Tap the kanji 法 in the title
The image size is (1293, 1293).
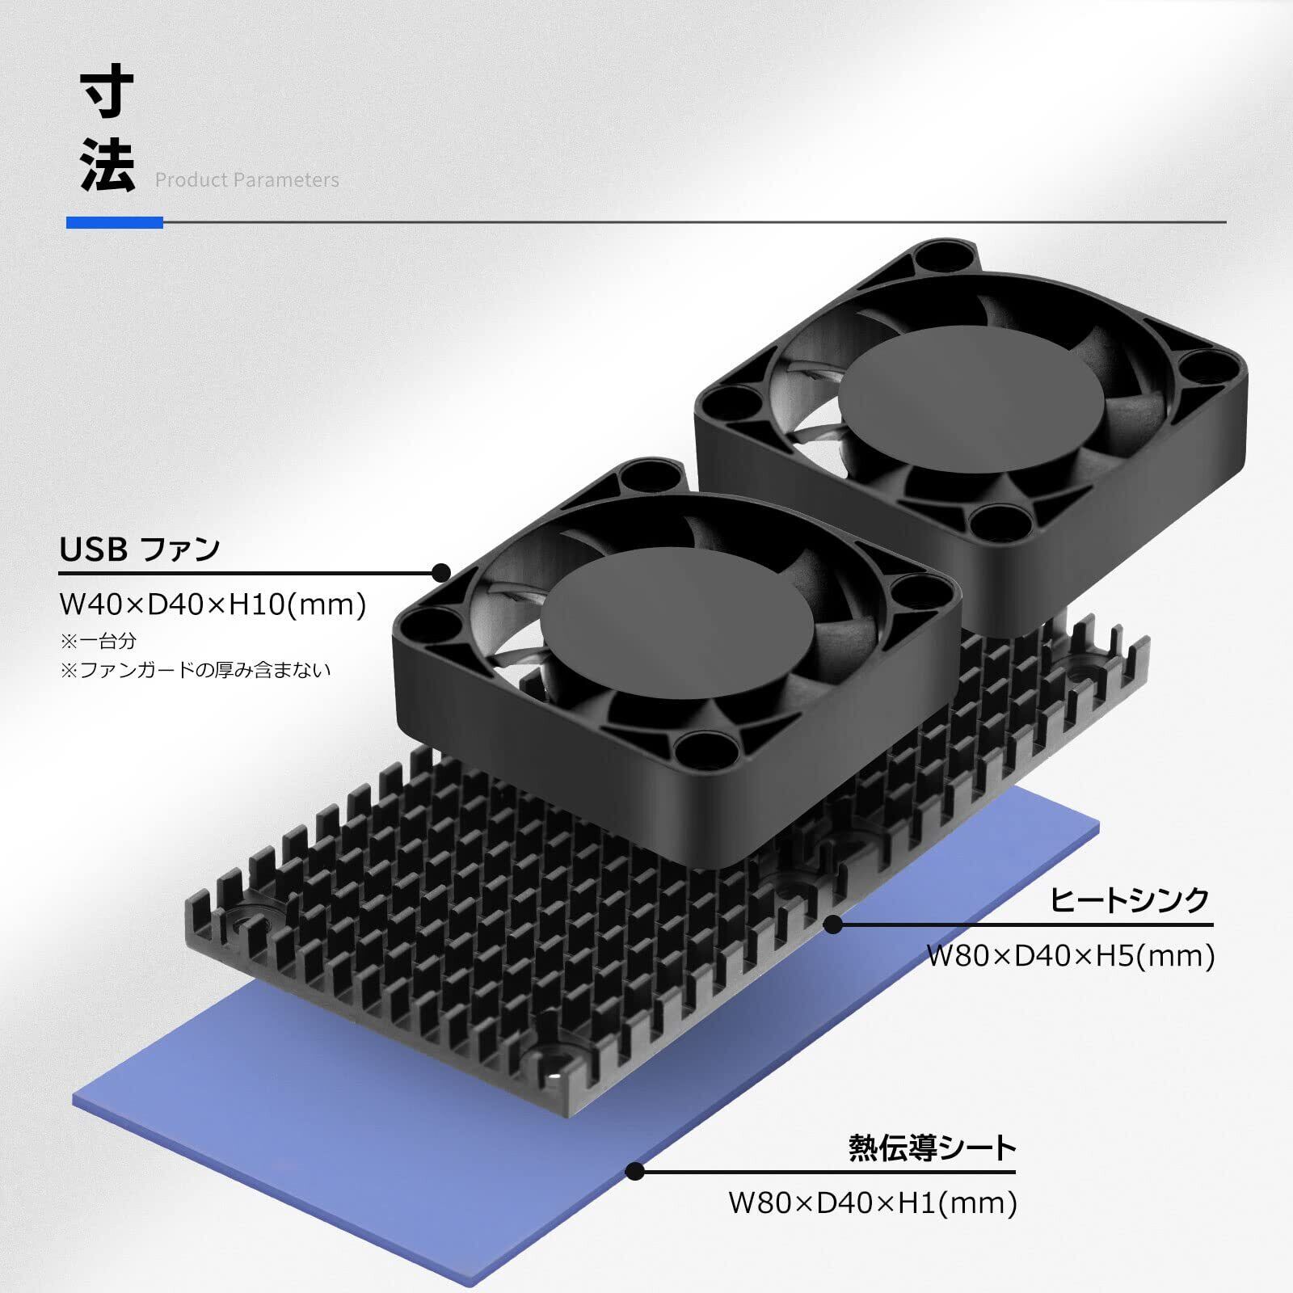tap(107, 165)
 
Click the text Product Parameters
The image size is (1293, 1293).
tap(247, 180)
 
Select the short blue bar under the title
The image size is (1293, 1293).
tap(115, 222)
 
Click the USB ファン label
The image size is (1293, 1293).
tap(140, 550)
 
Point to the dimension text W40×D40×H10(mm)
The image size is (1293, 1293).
tap(213, 604)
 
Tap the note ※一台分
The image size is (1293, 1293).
tap(99, 641)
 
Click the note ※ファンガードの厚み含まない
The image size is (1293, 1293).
tap(196, 670)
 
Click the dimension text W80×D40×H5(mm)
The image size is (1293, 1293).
tap(1071, 956)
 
